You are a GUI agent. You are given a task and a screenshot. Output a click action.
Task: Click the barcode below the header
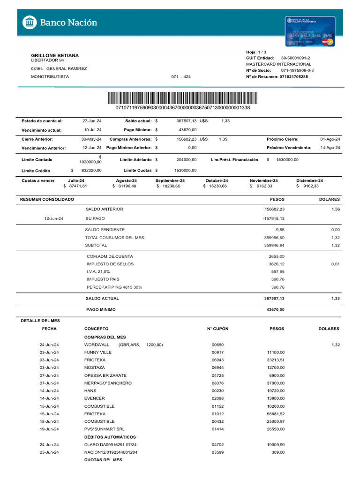click(182, 98)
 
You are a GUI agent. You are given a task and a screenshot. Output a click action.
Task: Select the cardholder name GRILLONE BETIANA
click(55, 55)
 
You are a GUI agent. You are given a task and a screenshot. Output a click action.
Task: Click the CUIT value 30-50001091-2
click(295, 58)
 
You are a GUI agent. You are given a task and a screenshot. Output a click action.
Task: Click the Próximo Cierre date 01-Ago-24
click(330, 139)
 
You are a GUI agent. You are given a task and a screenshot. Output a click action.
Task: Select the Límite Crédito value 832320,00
click(91, 171)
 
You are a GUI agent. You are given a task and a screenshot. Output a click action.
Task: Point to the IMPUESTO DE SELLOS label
click(106, 264)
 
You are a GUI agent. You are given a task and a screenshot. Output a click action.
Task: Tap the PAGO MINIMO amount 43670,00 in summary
click(275, 309)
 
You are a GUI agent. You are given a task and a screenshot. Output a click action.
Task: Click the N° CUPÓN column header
click(217, 329)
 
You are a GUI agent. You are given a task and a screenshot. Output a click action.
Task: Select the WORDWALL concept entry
click(97, 345)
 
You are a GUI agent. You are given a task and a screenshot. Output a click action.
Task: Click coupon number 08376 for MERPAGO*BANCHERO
click(218, 382)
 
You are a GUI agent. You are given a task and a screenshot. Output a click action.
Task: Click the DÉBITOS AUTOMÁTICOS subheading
click(110, 437)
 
